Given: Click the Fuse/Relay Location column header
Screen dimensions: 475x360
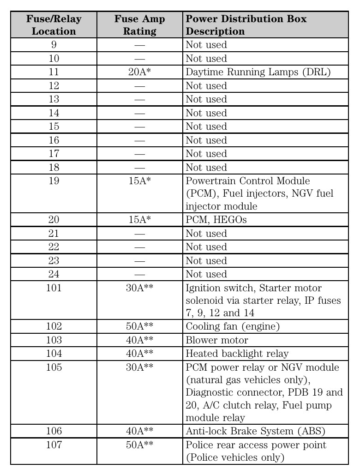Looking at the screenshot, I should coord(54,25).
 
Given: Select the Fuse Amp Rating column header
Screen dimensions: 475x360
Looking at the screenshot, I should coord(139,25).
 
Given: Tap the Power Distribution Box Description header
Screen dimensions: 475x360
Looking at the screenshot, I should coord(246,25).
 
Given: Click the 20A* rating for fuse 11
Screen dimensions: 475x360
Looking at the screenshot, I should coord(139,72).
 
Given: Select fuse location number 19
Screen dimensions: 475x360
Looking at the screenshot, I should coord(54,181).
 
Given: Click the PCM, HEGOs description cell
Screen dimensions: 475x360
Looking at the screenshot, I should coord(216,220).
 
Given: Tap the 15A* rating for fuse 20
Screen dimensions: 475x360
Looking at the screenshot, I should coord(139,220).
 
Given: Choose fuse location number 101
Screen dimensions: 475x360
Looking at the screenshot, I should coord(54,289).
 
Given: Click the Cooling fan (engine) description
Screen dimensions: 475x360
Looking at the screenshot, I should coord(233,327).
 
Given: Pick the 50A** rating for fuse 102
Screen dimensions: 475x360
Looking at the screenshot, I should coord(139,327).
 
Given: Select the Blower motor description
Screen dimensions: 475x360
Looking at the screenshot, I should coord(216,341).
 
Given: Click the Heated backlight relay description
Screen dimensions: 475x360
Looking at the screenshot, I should coord(237,354).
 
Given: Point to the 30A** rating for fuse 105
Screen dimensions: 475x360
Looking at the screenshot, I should coord(139,368).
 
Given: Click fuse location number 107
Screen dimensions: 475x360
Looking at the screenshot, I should coord(54,445).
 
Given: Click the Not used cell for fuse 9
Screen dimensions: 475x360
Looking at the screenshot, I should coord(206,45).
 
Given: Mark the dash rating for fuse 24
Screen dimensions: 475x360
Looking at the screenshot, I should coord(139,275).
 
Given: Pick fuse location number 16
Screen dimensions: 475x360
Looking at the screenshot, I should coord(54,140).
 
